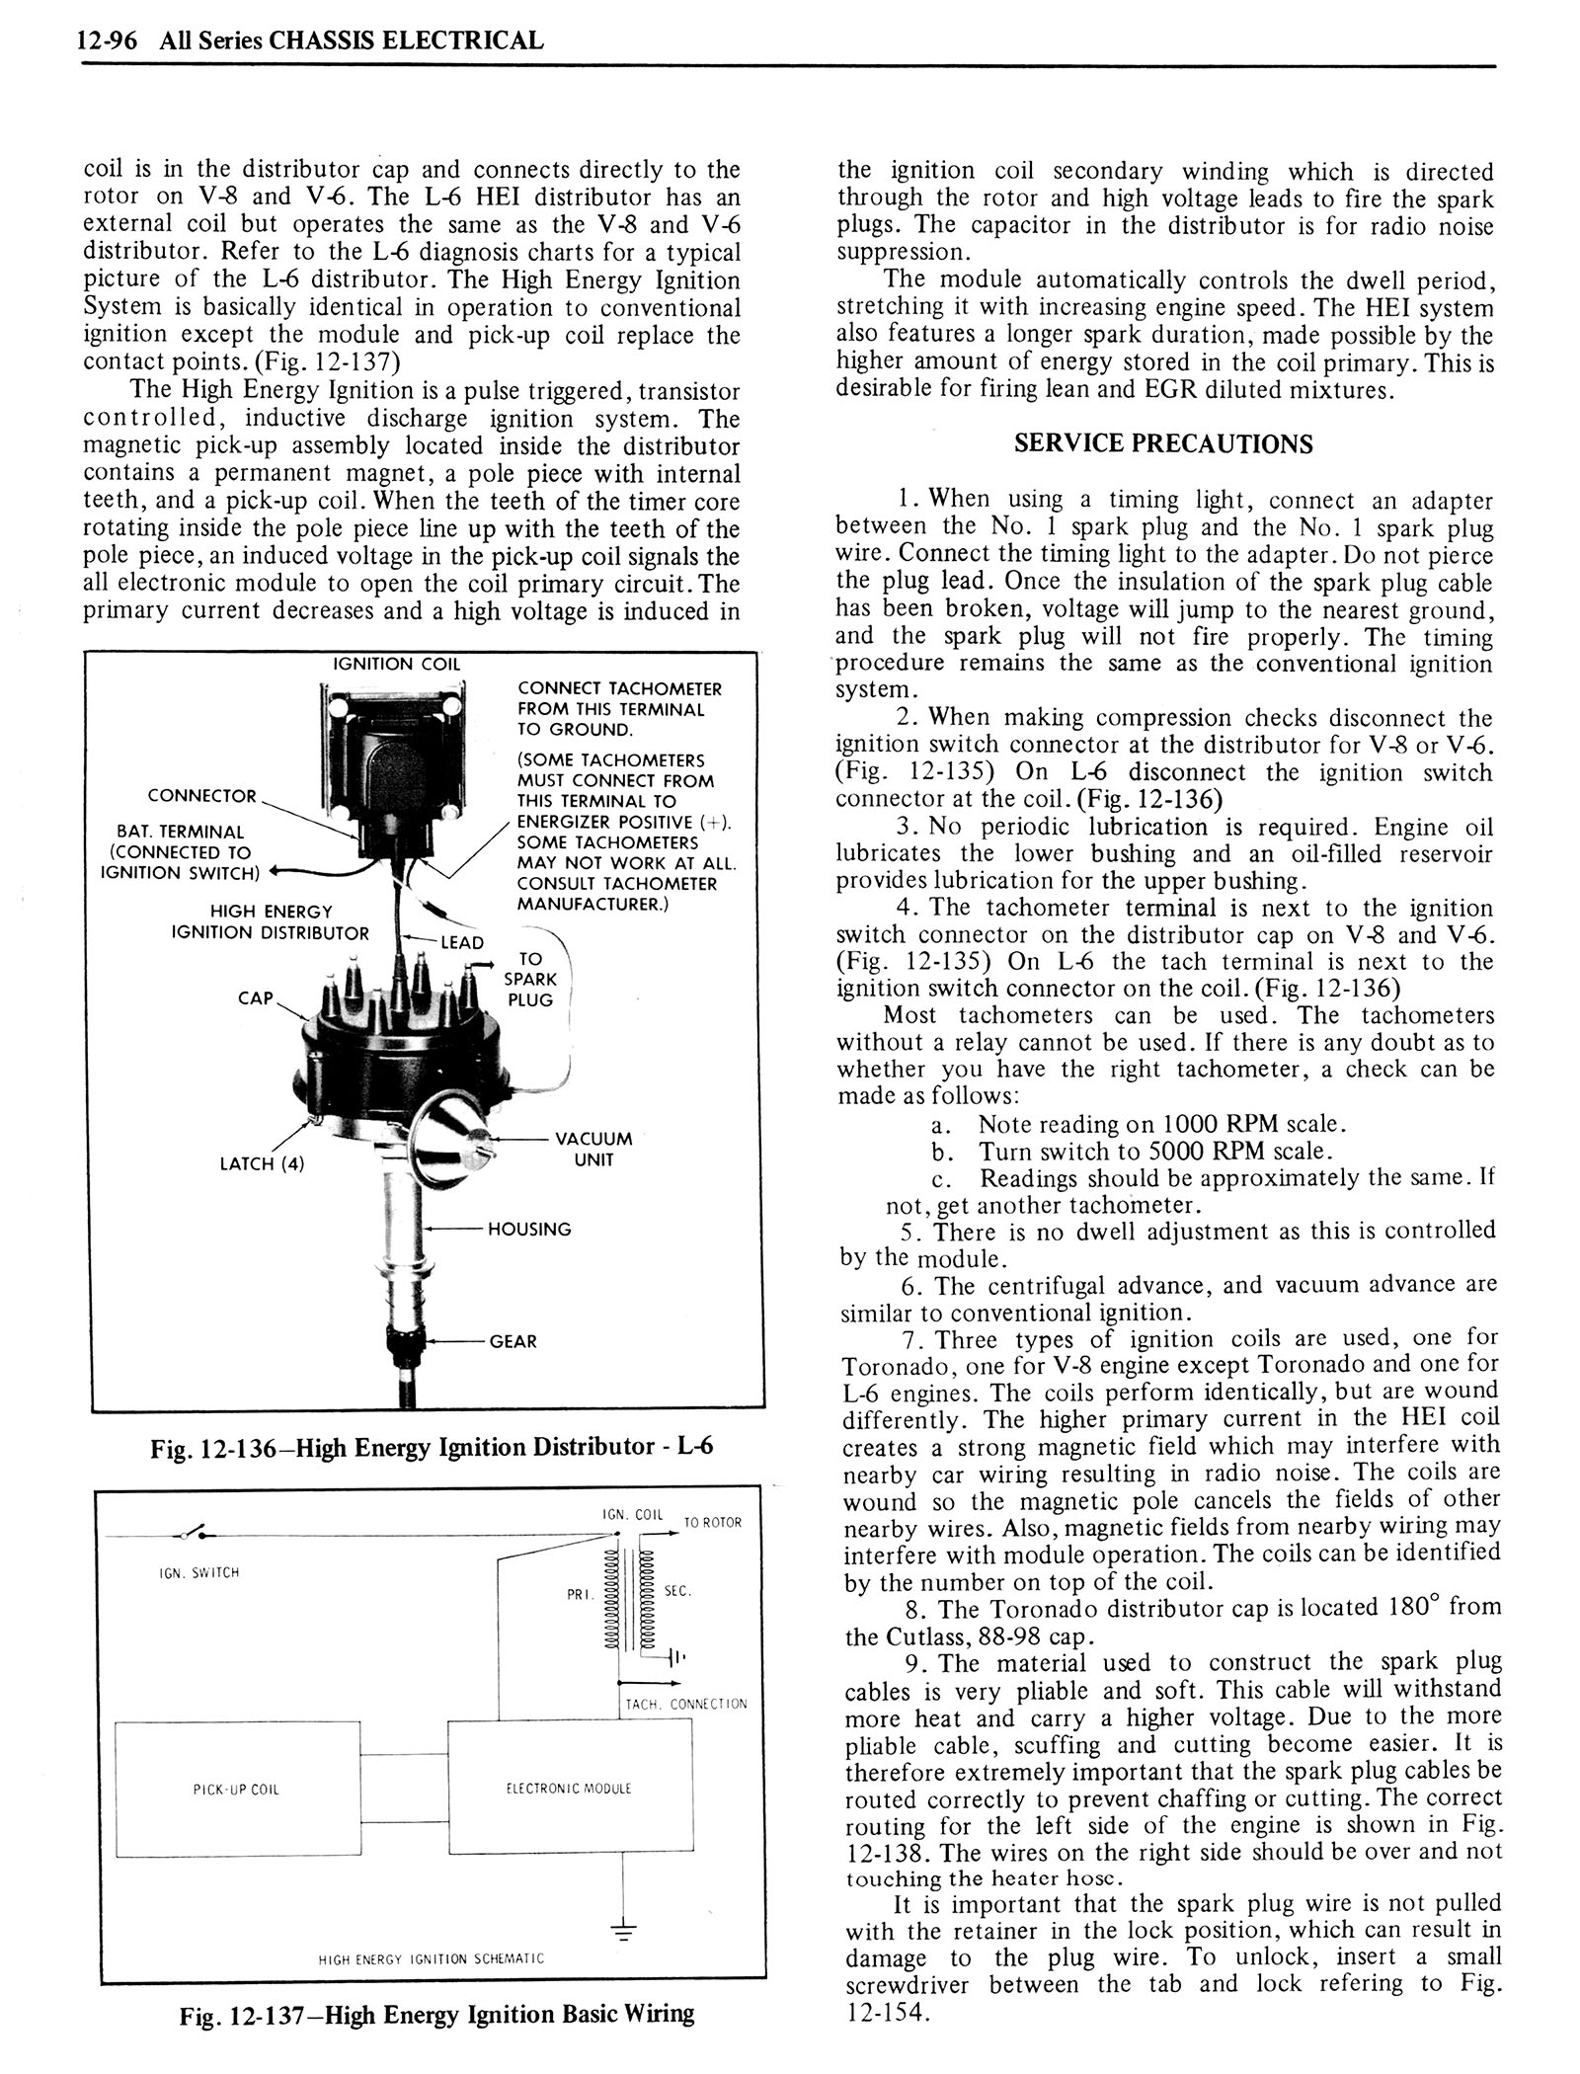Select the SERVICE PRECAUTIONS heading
tap(1163, 443)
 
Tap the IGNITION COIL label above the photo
tap(395, 664)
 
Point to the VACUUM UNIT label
tap(593, 1150)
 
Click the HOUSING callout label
tap(529, 1230)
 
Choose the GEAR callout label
tap(513, 1341)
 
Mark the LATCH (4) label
tap(262, 1163)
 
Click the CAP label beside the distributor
tap(255, 998)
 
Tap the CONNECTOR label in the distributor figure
tap(201, 796)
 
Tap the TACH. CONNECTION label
tap(686, 1704)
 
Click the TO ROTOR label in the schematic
tap(712, 1523)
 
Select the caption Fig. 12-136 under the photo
tap(432, 1448)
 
